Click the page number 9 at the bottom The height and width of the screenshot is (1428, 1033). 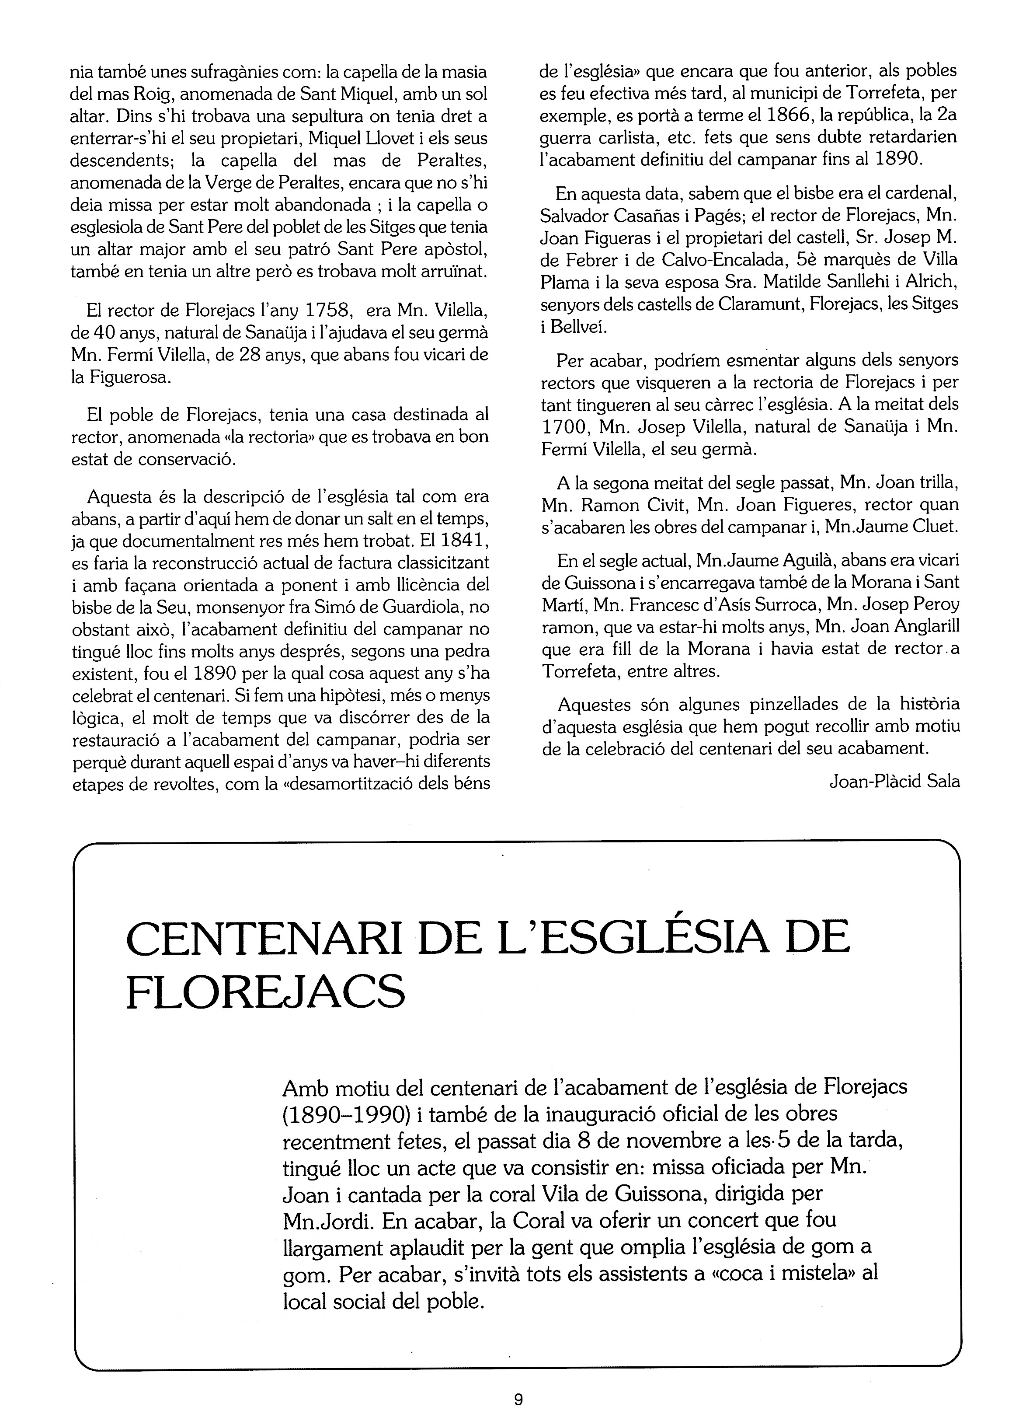[x=518, y=1400]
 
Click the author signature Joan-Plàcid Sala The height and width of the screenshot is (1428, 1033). [x=894, y=782]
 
